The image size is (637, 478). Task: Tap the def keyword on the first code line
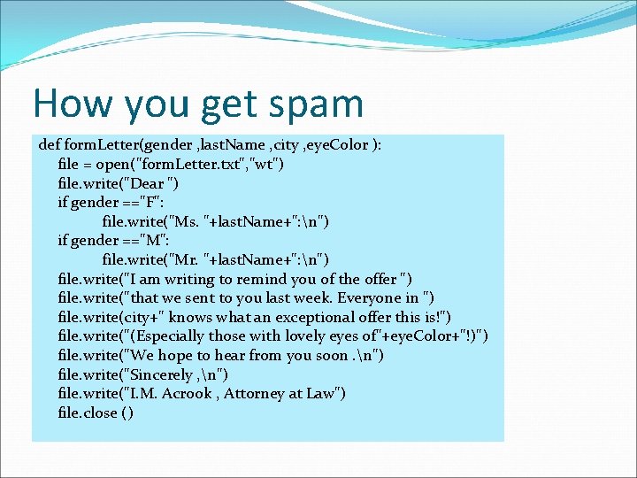[50, 144]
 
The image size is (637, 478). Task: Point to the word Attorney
[255, 394]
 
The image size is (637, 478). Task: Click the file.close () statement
[96, 413]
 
